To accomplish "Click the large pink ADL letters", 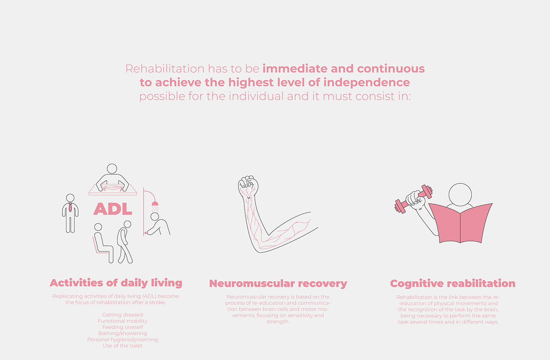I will (113, 209).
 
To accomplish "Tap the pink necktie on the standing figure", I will (70, 208).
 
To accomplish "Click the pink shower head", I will (155, 204).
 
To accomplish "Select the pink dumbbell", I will (414, 199).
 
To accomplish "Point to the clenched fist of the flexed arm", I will (248, 186).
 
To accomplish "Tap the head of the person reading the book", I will (460, 194).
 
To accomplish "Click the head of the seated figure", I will (98, 227).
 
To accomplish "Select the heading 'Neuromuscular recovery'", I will (278, 283).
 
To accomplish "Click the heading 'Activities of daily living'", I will (116, 283).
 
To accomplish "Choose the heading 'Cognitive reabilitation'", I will (453, 283).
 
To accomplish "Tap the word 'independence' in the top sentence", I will (367, 82).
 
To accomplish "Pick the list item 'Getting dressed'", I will (123, 315).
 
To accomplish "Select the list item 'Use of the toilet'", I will (123, 346).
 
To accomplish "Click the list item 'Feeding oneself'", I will (123, 327).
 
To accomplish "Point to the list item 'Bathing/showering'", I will (123, 333).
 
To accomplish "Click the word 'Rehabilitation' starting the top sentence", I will (165, 69).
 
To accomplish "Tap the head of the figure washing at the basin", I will (112, 169).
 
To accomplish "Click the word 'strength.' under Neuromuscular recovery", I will (278, 322).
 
